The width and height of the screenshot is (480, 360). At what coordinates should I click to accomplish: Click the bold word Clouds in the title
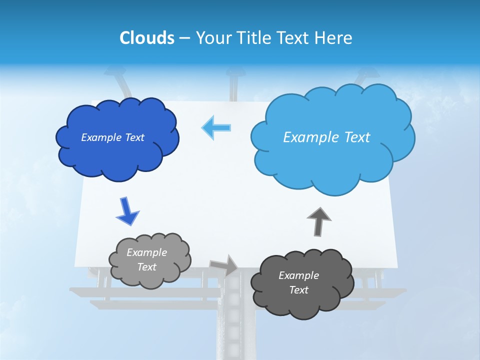point(147,38)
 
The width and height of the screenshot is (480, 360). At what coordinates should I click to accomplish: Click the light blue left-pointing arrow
point(216,127)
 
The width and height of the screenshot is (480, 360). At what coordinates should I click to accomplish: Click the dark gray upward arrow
point(318,221)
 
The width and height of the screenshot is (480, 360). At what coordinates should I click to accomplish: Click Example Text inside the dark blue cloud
point(112,137)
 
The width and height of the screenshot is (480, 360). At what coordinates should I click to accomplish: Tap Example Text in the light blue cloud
point(326,137)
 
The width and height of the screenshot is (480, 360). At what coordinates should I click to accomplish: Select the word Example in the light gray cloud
point(146,252)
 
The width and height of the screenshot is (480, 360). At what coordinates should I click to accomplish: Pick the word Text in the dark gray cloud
point(298,290)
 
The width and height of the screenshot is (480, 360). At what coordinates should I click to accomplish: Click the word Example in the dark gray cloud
point(298,275)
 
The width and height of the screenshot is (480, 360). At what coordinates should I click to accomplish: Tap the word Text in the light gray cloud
point(146,267)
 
